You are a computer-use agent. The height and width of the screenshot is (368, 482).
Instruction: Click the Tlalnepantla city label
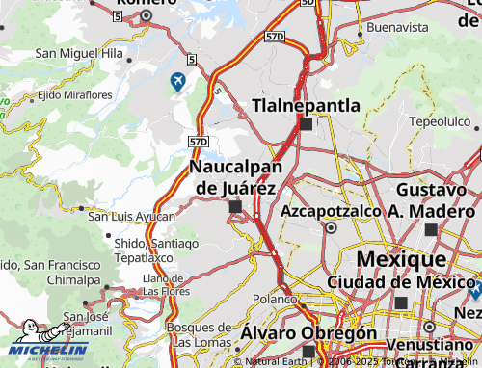[x=306, y=105]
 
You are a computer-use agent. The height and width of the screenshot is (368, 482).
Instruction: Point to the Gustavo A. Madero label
[x=430, y=200]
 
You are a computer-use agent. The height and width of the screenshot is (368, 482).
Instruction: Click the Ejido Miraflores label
[x=74, y=95]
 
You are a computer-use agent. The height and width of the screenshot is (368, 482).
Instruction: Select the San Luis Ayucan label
[x=132, y=216]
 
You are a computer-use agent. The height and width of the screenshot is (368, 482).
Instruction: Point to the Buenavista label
[x=396, y=28]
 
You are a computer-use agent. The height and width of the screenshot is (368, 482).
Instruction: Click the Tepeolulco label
[x=442, y=121]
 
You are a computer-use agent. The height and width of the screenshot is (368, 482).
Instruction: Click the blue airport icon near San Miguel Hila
[x=177, y=82]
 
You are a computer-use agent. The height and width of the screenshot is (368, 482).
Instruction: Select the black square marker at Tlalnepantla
[x=306, y=124]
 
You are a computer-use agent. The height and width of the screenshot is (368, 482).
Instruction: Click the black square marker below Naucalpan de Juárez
[x=236, y=206]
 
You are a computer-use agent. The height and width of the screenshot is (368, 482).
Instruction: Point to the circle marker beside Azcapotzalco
[x=331, y=228]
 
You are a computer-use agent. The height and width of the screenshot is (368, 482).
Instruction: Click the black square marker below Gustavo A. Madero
[x=430, y=229]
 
